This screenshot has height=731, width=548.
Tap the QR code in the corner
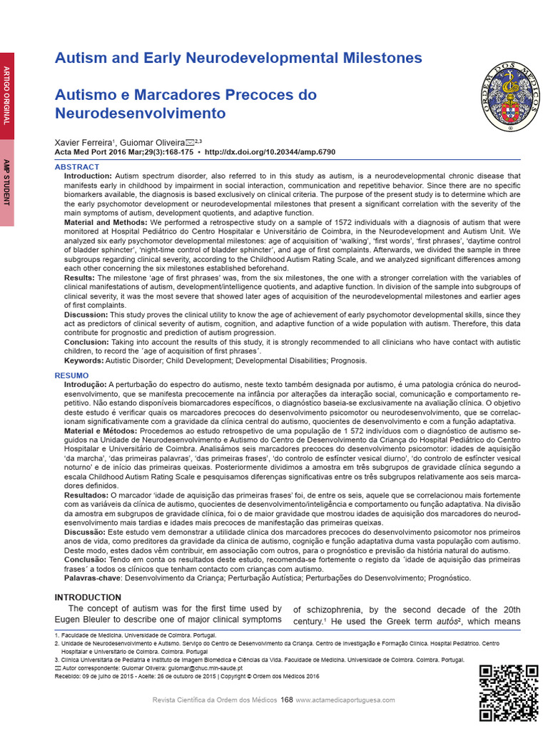pyautogui.click(x=508, y=692)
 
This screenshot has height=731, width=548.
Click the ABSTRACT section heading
pyautogui.click(x=77, y=167)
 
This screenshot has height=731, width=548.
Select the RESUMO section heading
pyautogui.click(x=72, y=375)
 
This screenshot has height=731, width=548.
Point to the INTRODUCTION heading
pyautogui.click(x=88, y=598)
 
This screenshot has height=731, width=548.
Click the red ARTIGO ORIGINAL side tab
pyautogui.click(x=7, y=96)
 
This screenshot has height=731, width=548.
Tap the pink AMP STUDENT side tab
pyautogui.click(x=7, y=183)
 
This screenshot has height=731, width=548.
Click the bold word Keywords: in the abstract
pyautogui.click(x=83, y=361)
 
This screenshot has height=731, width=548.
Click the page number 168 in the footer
pyautogui.click(x=287, y=700)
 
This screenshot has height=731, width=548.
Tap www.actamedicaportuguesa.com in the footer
pyautogui.click(x=345, y=700)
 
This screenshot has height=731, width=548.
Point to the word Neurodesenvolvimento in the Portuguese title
pyautogui.click(x=140, y=114)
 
